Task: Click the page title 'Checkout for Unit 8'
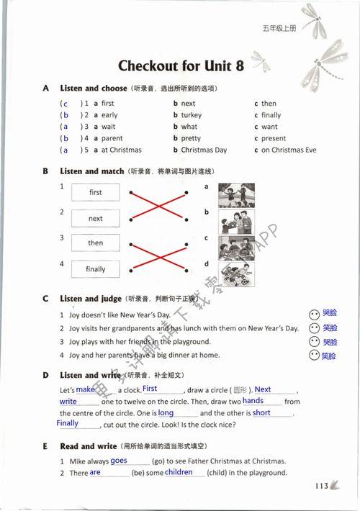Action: [x=181, y=66]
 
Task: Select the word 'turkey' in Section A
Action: [x=192, y=115]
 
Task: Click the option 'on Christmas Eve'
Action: [x=289, y=150]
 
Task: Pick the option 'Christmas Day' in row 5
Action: [x=204, y=150]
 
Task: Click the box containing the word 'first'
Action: [x=96, y=193]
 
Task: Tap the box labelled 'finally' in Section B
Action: [x=96, y=269]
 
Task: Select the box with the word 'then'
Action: [x=96, y=243]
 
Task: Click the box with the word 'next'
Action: [x=96, y=218]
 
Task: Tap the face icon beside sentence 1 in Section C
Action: [x=313, y=315]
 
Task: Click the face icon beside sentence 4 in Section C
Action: [x=313, y=356]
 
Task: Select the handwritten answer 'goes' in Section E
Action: [x=119, y=461]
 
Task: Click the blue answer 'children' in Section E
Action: [x=179, y=473]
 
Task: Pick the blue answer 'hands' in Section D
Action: [x=253, y=401]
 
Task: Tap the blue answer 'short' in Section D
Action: [x=262, y=413]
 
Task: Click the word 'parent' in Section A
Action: [x=112, y=139]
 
